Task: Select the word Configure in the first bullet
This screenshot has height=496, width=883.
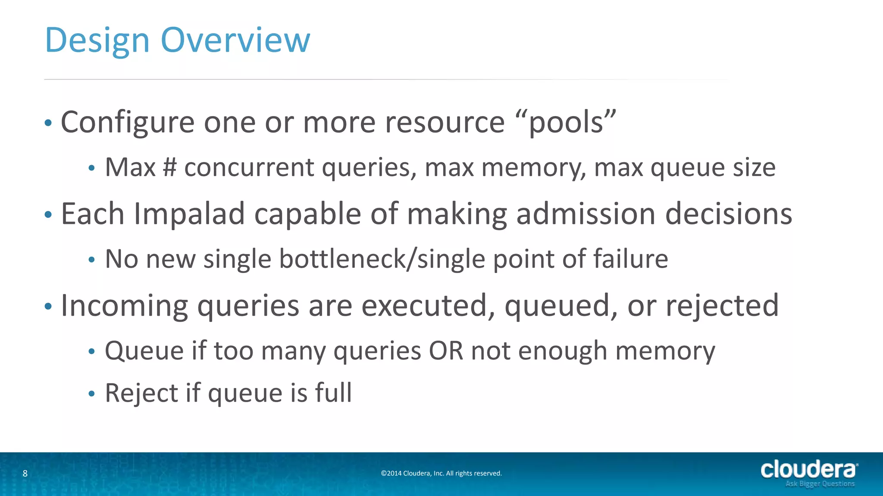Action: [128, 123]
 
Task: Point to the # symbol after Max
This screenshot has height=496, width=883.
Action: [170, 167]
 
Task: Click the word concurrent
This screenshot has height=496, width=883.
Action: [249, 168]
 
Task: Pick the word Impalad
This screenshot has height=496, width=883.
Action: [189, 214]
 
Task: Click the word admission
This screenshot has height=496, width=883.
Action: [586, 214]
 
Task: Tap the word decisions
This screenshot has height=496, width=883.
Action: [728, 214]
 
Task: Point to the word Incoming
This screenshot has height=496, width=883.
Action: [125, 306]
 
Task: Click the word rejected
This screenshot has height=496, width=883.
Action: [722, 306]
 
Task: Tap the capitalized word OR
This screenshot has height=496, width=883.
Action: [445, 350]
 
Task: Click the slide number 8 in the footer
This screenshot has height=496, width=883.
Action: [25, 474]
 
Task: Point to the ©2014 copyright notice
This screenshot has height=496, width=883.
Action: [441, 474]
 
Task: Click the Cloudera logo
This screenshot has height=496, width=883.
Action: [809, 473]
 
